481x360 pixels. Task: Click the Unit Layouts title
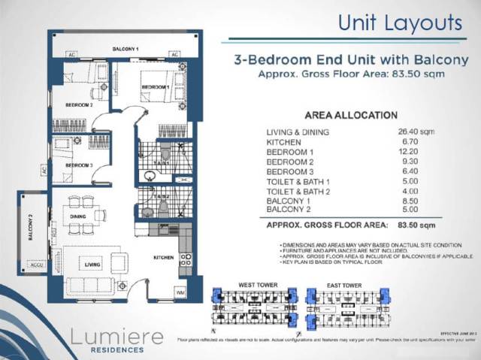tap(399, 22)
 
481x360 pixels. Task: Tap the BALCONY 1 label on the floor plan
tap(126, 49)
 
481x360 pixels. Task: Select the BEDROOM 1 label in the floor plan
tap(155, 88)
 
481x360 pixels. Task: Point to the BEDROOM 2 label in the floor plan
tap(78, 105)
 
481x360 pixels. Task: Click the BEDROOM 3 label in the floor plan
tap(78, 165)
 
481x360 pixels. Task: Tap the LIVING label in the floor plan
tap(92, 265)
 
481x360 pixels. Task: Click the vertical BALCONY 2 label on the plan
tap(32, 226)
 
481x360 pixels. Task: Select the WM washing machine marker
tap(180, 291)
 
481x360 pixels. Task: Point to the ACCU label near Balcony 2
tap(35, 263)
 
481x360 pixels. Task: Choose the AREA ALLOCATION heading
tap(351, 116)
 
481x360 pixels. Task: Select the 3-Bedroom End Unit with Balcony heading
tap(351, 59)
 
